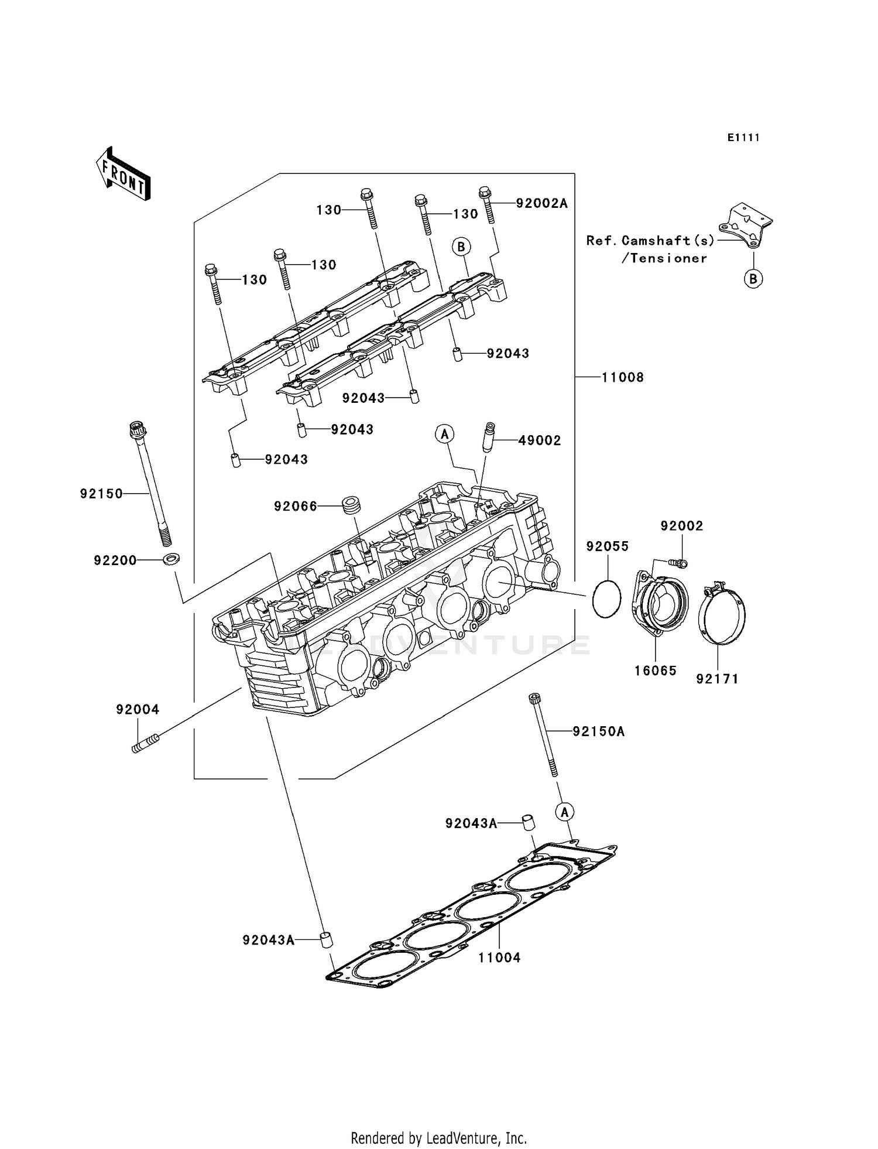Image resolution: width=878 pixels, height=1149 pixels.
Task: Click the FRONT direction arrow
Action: click(x=124, y=174)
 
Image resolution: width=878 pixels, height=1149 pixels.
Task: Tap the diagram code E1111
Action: click(x=743, y=138)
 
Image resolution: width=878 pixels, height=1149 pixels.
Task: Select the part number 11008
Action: click(x=623, y=378)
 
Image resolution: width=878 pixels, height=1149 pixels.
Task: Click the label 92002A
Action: click(x=541, y=203)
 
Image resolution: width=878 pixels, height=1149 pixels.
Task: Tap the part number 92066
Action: click(x=296, y=507)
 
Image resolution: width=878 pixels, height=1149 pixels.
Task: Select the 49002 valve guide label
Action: click(x=539, y=440)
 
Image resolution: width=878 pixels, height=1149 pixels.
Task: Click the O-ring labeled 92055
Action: click(x=606, y=597)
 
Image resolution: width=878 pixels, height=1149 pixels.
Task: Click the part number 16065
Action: click(x=656, y=671)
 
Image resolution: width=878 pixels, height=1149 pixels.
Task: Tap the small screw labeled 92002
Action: click(x=678, y=563)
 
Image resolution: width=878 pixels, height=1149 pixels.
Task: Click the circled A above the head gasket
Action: click(x=565, y=812)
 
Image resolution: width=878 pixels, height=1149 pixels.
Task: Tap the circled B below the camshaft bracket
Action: click(x=753, y=279)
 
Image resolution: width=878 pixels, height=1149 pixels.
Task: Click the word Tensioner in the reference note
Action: click(x=664, y=258)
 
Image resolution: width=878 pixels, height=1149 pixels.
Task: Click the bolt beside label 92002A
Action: click(x=487, y=204)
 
